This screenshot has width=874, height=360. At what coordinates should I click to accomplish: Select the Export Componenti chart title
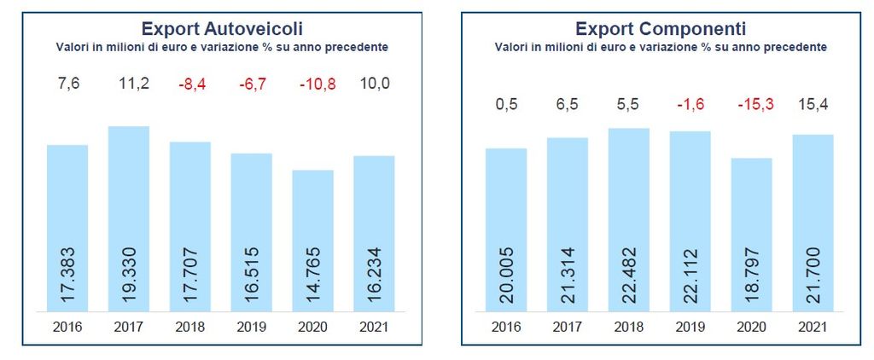pos(661,29)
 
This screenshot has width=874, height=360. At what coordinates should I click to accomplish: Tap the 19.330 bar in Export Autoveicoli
pos(129,218)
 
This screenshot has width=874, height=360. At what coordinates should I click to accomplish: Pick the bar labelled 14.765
pos(312,239)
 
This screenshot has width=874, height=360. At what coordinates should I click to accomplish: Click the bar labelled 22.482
pos(629,218)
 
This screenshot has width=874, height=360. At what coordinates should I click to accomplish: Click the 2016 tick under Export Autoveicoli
pos(67,326)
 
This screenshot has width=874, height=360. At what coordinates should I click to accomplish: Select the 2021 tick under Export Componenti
pos(813,326)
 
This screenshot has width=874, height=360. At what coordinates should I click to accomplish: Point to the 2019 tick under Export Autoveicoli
pos(251,326)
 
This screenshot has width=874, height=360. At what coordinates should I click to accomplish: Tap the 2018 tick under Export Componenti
pos(629,326)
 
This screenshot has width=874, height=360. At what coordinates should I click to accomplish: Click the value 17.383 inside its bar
pos(67,272)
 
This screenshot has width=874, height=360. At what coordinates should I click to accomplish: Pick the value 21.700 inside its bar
pos(813,272)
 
